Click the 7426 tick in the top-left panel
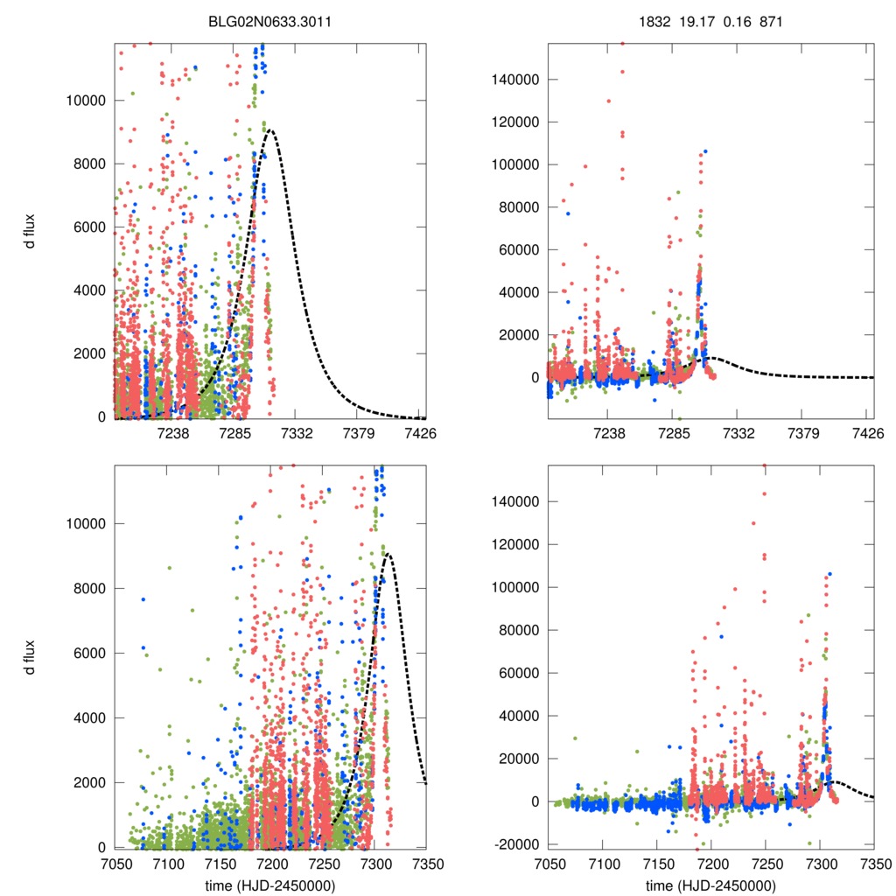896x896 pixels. coord(420,432)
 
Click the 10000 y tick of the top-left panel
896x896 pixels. coord(86,101)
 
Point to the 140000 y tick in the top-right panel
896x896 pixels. coord(512,79)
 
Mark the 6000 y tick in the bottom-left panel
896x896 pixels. coord(89,653)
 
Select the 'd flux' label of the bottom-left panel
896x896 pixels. coord(31,656)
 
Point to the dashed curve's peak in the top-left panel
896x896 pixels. coord(270,130)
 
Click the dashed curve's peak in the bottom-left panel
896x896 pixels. coord(387,554)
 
